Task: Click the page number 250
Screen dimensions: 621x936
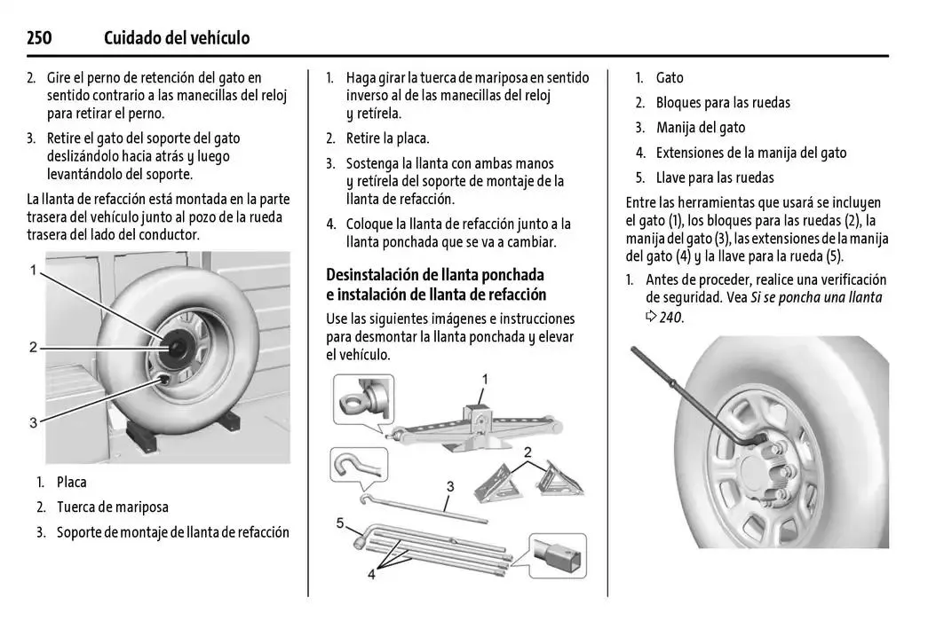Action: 39,38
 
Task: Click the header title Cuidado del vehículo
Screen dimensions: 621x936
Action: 176,38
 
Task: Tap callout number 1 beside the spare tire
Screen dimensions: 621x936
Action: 33,270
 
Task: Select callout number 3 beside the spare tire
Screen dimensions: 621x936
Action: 33,423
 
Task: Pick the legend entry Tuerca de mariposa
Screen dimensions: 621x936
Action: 112,507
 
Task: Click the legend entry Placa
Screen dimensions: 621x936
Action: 71,483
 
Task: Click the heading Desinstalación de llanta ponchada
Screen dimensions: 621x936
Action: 434,275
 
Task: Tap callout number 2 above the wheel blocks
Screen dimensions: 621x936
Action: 527,453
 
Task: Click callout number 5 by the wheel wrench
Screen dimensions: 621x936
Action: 340,523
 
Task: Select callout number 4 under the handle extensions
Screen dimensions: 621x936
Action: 371,575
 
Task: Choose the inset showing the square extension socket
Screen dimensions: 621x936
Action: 557,556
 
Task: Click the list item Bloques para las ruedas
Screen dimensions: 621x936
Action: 722,103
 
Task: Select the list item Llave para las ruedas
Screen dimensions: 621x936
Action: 714,177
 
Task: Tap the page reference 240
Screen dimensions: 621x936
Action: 670,317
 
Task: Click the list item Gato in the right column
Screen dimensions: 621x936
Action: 670,78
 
